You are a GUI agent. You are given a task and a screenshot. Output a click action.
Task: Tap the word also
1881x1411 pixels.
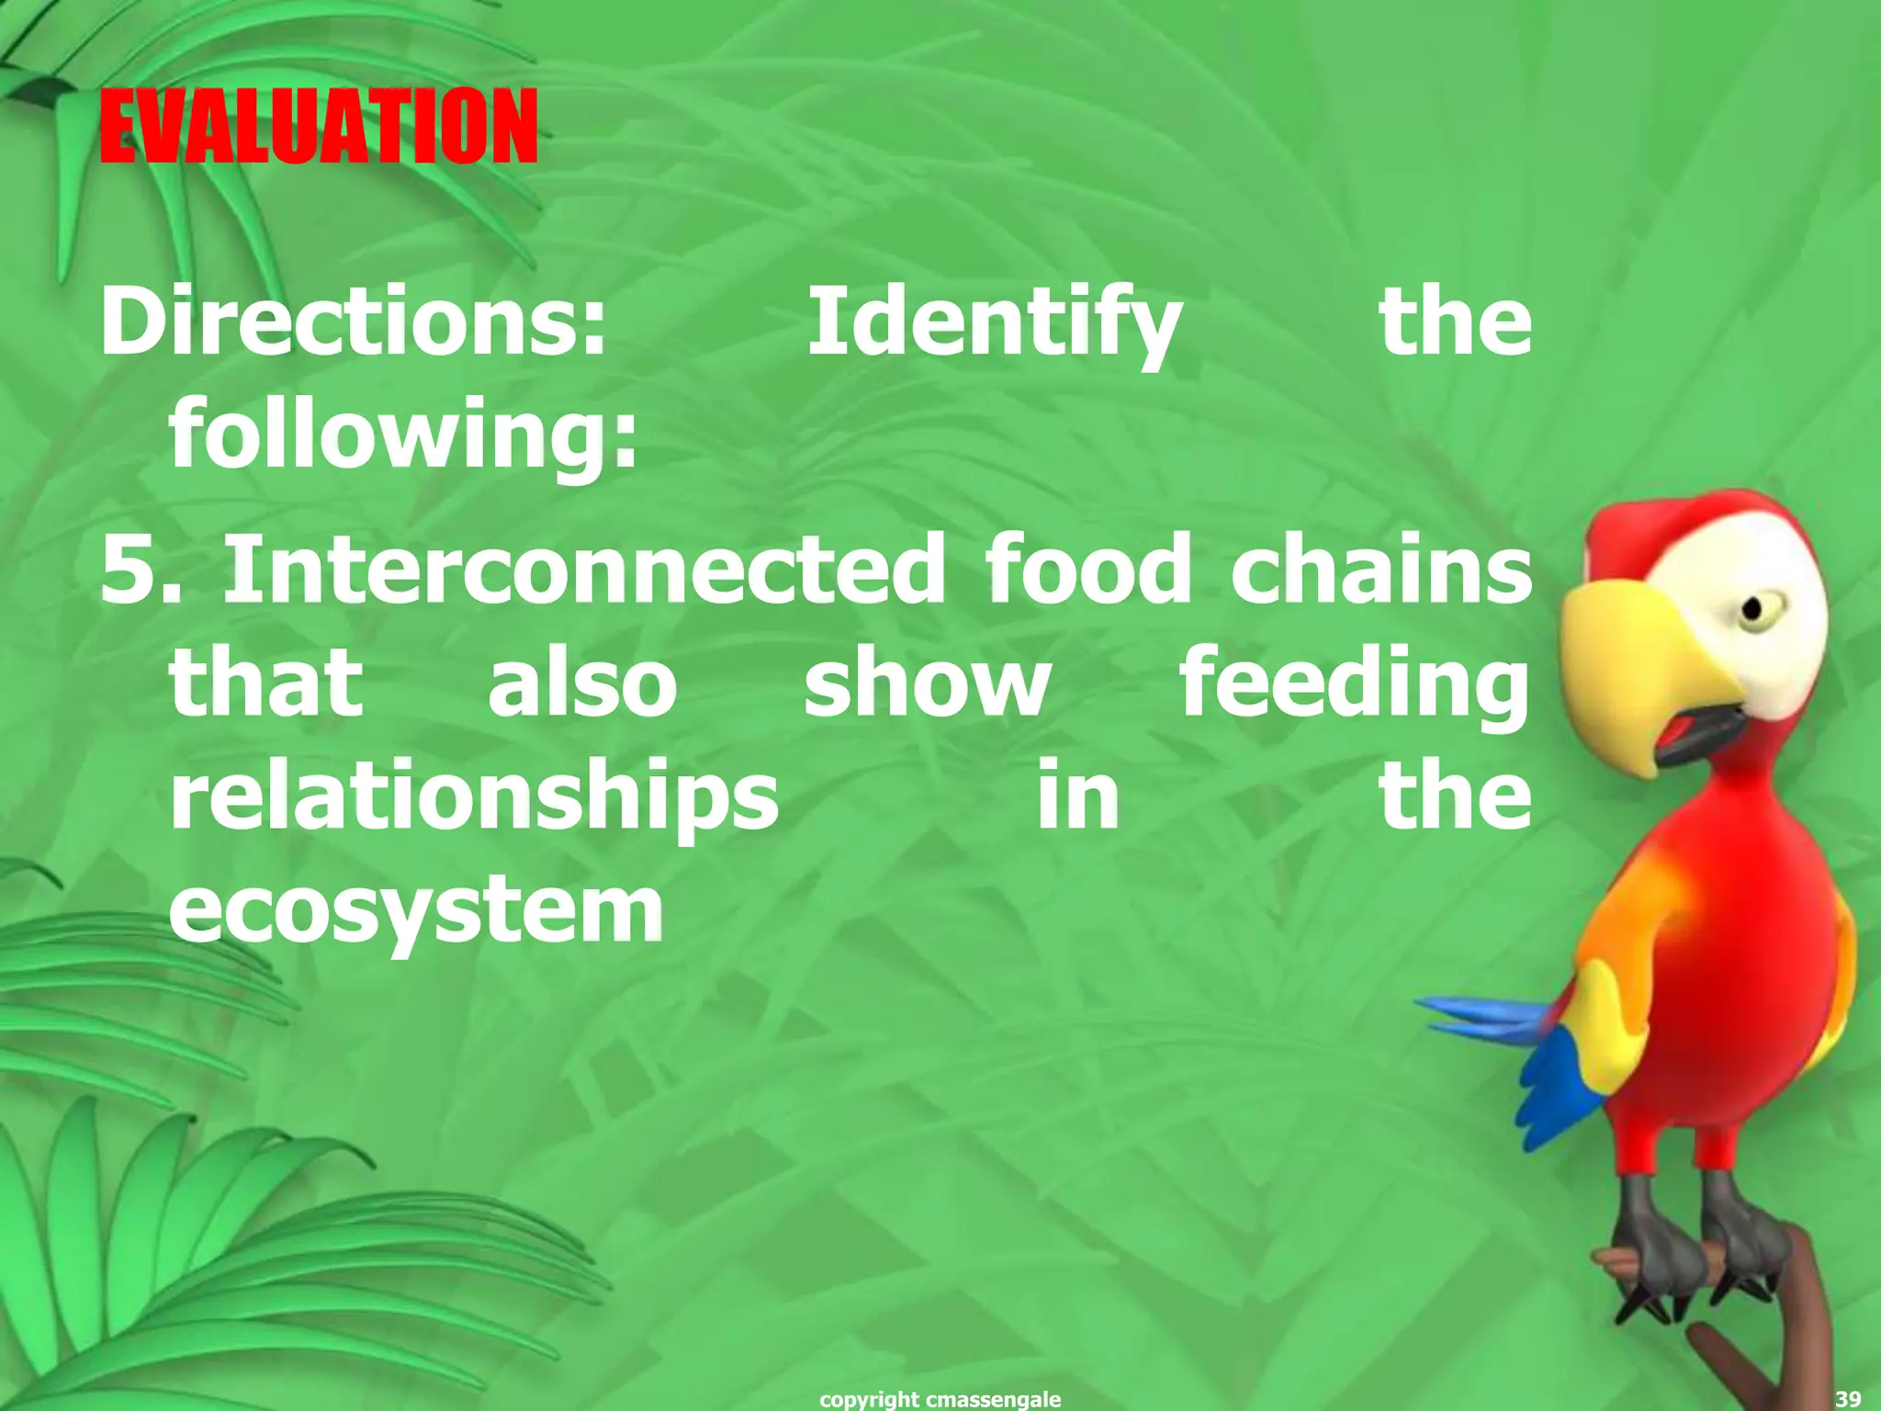point(582,684)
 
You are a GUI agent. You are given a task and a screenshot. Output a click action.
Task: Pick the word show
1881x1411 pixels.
point(927,684)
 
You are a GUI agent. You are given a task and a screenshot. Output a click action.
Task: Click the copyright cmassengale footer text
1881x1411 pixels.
point(940,1399)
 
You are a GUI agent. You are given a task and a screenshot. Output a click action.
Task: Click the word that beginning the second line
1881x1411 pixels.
point(266,684)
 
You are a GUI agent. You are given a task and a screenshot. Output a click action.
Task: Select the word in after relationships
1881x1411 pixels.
point(1077,796)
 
